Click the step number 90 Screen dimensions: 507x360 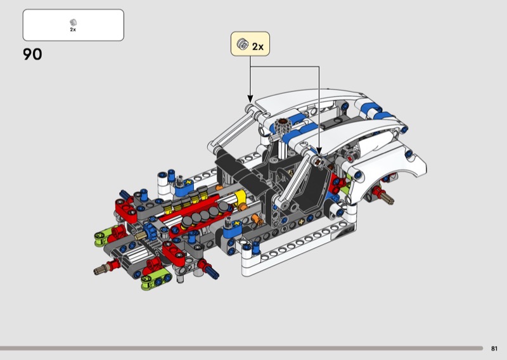pos(32,54)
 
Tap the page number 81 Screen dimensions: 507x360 pos(494,349)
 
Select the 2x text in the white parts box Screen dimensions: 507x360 pos(73,29)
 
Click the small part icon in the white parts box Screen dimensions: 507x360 pos(73,22)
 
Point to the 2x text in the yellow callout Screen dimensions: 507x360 pos(258,46)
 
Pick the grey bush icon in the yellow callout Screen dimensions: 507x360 pos(243,44)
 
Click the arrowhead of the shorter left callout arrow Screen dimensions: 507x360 pos(250,100)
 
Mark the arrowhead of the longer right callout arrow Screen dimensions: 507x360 pos(319,152)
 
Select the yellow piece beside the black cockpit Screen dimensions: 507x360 pos(240,198)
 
